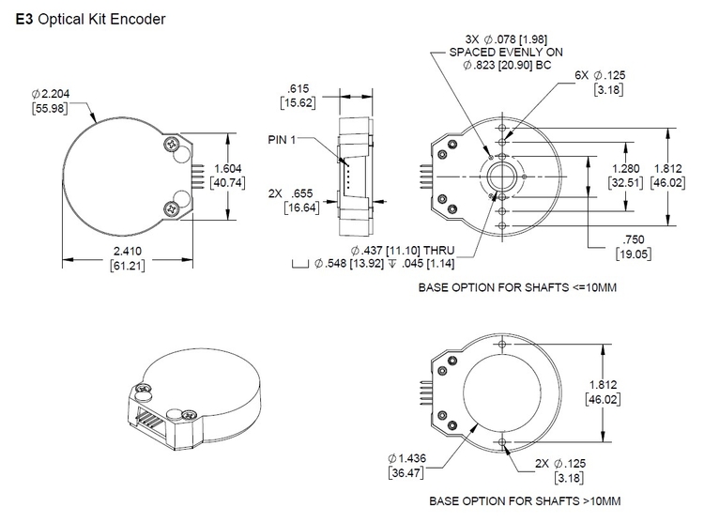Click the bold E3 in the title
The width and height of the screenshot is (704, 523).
[x=23, y=18]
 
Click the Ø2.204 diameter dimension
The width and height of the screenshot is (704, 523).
[x=51, y=94]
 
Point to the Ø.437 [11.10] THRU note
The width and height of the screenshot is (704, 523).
[x=403, y=251]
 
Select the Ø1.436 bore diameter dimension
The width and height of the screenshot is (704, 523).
[x=406, y=457]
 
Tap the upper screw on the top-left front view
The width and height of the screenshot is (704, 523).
[x=172, y=145]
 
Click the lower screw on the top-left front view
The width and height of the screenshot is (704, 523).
[x=172, y=208]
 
